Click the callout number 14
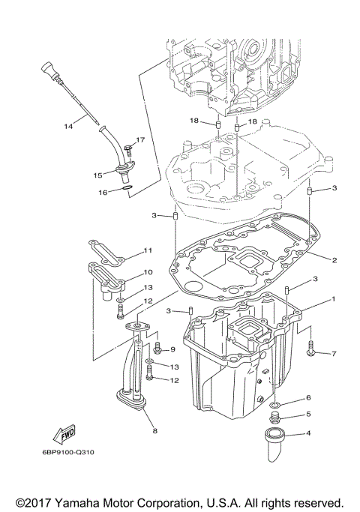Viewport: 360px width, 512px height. [68, 126]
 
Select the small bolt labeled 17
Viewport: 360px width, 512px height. [127, 146]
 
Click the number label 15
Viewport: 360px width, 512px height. [97, 175]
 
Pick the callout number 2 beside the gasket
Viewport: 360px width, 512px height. [334, 260]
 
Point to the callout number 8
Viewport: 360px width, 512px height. [155, 430]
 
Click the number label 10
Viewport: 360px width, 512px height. [148, 272]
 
